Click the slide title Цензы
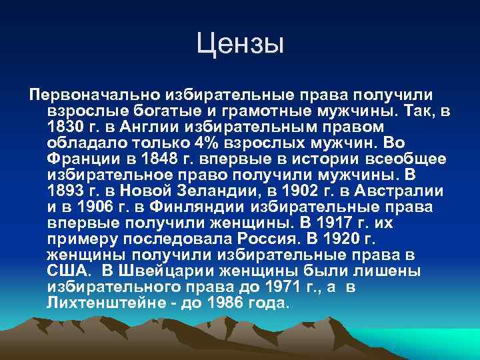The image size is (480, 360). pyautogui.click(x=240, y=45)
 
